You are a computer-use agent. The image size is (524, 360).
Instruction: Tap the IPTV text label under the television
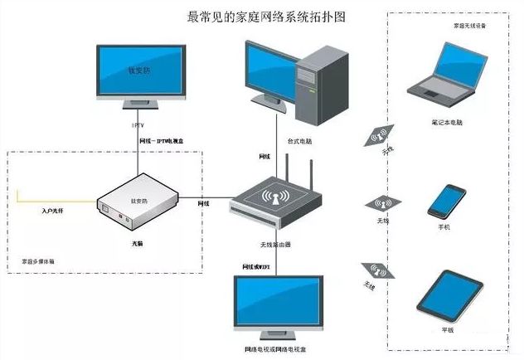tap(138, 125)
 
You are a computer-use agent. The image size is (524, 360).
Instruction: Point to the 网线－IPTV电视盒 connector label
tap(169, 143)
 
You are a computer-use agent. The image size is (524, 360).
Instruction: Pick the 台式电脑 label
tap(300, 142)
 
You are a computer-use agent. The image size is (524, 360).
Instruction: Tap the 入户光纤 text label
tap(53, 212)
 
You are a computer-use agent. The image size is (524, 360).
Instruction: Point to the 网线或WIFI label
tap(256, 266)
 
